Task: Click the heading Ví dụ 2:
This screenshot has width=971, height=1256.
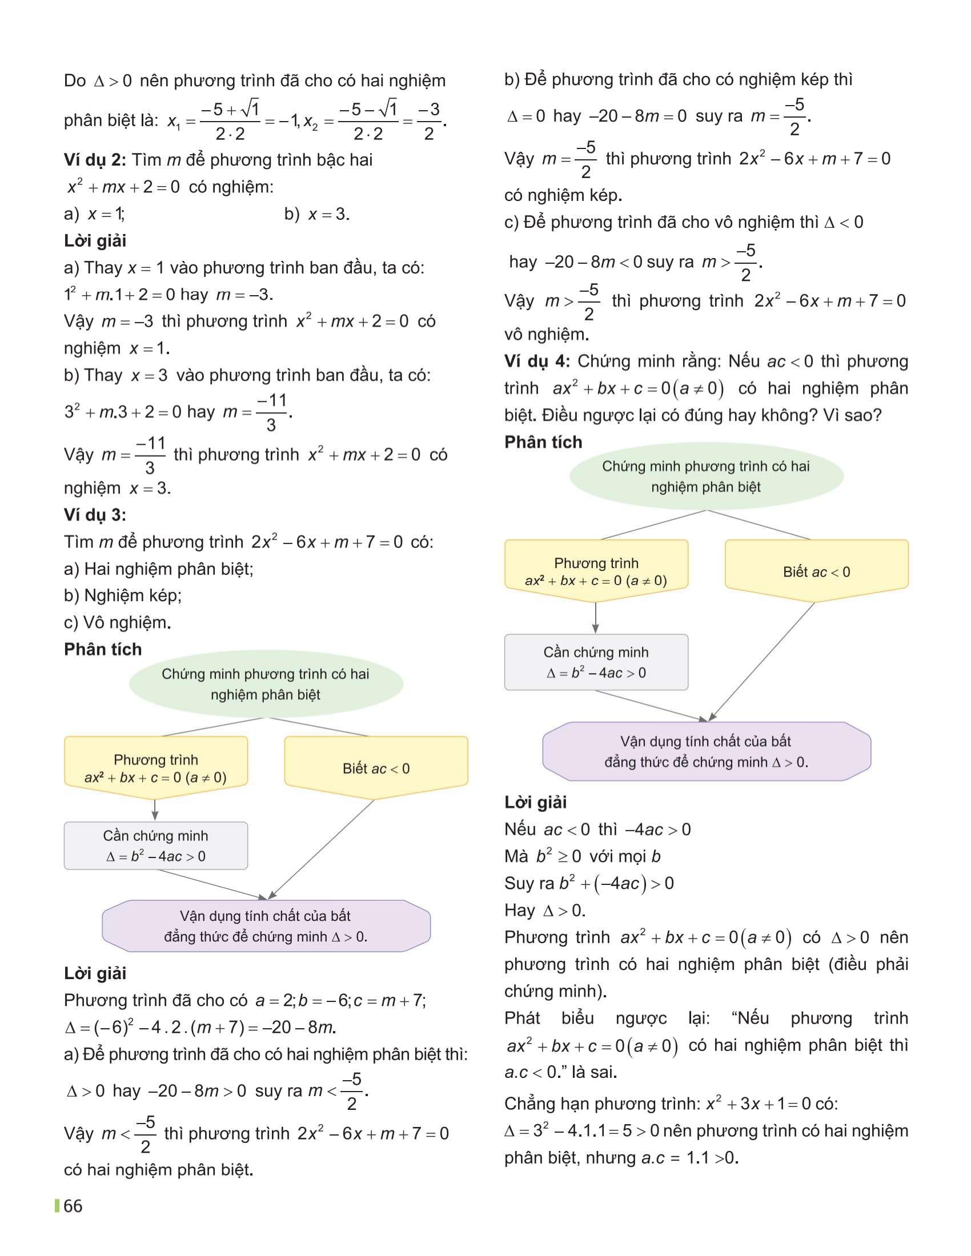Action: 94,160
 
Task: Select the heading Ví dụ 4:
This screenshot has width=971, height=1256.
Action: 536,362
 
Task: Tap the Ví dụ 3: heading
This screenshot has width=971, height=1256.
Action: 94,515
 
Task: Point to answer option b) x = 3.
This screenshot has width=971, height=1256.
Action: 317,215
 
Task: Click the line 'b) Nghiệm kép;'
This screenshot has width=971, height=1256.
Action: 123,595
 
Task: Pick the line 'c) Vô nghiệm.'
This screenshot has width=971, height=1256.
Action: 117,622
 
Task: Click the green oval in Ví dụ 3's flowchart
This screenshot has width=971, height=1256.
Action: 266,685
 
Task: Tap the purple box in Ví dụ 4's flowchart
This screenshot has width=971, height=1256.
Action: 707,752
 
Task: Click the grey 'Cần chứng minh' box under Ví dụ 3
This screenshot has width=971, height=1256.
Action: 156,846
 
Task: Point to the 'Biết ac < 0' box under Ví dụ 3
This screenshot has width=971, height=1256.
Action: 376,768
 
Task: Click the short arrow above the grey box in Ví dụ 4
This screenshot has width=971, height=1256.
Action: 595,618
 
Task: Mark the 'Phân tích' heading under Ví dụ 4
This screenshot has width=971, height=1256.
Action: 543,442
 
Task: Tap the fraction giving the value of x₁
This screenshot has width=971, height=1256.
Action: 230,122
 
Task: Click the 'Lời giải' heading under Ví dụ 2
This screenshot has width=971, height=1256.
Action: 95,241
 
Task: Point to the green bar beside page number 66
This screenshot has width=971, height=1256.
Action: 57,1206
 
